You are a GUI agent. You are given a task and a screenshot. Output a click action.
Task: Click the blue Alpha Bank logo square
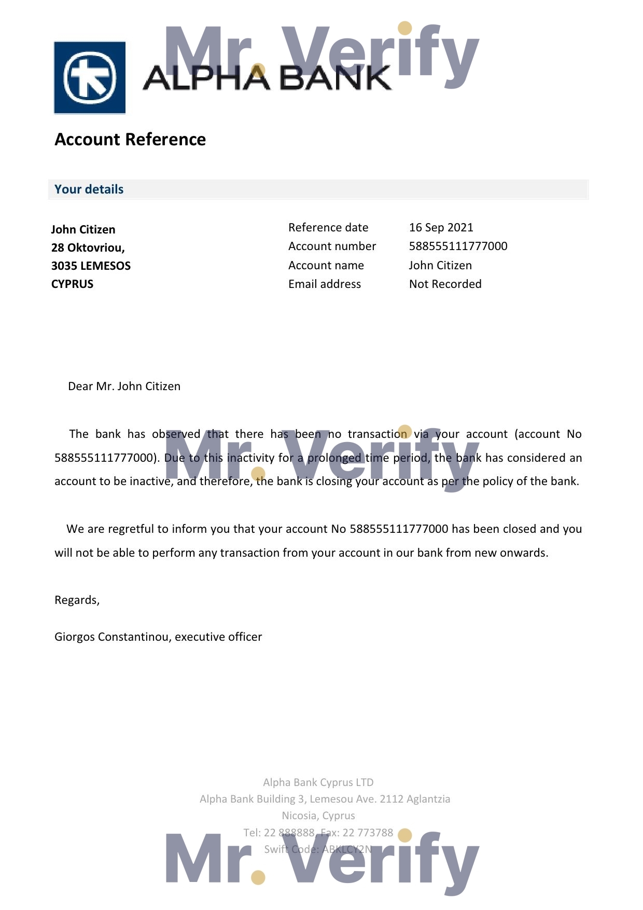pyautogui.click(x=90, y=78)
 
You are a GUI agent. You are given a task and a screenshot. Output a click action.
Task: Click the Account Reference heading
pyautogui.click(x=130, y=140)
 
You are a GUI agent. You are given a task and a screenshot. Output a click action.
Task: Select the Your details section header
pyautogui.click(x=89, y=189)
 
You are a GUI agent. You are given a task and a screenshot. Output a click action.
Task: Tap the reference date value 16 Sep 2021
pyautogui.click(x=441, y=228)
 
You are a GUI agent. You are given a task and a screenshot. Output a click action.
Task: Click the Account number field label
pyautogui.click(x=332, y=246)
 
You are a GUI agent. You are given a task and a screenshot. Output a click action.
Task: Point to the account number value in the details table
pyautogui.click(x=458, y=246)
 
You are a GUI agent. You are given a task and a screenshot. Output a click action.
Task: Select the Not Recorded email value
pyautogui.click(x=445, y=284)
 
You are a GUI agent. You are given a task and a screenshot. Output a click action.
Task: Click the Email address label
pyautogui.click(x=325, y=284)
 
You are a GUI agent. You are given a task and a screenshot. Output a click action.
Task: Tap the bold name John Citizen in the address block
pyautogui.click(x=83, y=230)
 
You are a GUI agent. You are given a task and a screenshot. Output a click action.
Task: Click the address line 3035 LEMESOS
pyautogui.click(x=91, y=266)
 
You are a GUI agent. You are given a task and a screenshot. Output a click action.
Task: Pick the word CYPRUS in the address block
pyautogui.click(x=72, y=284)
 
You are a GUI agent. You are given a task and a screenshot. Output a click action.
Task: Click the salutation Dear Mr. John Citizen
pyautogui.click(x=124, y=387)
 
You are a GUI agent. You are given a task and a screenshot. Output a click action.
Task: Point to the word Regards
pyautogui.click(x=76, y=600)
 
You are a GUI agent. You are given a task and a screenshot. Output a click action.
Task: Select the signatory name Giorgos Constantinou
pyautogui.click(x=113, y=637)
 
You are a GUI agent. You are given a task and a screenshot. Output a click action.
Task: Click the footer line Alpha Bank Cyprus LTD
pyautogui.click(x=318, y=782)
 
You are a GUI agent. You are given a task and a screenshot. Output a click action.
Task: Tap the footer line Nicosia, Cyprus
pyautogui.click(x=318, y=816)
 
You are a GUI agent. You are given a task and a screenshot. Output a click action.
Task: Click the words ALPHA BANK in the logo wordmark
pyautogui.click(x=267, y=78)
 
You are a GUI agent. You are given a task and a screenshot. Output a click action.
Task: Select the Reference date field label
pyautogui.click(x=328, y=228)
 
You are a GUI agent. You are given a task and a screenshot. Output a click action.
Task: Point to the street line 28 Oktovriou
pyautogui.click(x=88, y=248)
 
